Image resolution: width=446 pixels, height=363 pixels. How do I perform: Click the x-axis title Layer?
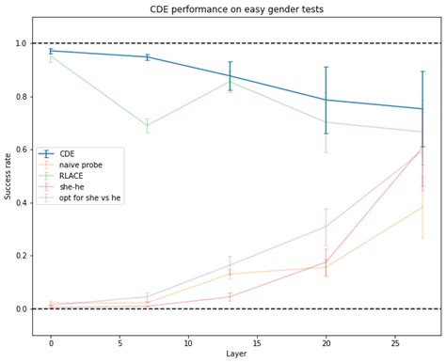click(x=237, y=355)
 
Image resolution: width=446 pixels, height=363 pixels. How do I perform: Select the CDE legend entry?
click(x=67, y=153)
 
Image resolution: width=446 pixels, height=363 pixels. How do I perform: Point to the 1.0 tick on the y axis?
click(x=22, y=43)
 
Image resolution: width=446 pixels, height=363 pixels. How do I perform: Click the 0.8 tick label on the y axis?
click(x=22, y=97)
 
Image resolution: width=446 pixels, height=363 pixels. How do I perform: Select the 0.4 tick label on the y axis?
click(x=22, y=203)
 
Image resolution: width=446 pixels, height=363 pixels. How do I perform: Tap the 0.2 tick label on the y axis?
click(x=22, y=256)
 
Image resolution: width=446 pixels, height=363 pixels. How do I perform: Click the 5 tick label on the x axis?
click(x=119, y=342)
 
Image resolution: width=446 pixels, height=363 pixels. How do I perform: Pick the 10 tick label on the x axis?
click(x=188, y=342)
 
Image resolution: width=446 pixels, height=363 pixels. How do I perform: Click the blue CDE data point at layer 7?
click(x=147, y=57)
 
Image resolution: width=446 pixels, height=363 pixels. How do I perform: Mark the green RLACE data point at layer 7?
click(x=147, y=126)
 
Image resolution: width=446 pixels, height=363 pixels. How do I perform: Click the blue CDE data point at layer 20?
click(x=326, y=100)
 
